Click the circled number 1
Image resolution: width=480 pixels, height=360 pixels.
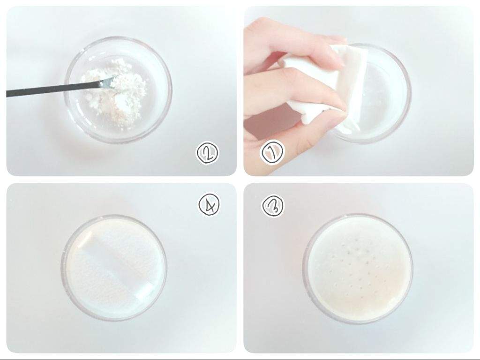point(272,152)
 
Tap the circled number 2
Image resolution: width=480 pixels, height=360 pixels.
point(208,153)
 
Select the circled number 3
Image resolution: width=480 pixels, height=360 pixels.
point(273,205)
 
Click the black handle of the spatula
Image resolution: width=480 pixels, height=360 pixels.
point(52,89)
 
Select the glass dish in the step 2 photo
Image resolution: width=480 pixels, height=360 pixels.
point(118,90)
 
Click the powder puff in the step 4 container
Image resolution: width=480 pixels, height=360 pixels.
point(115,266)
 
